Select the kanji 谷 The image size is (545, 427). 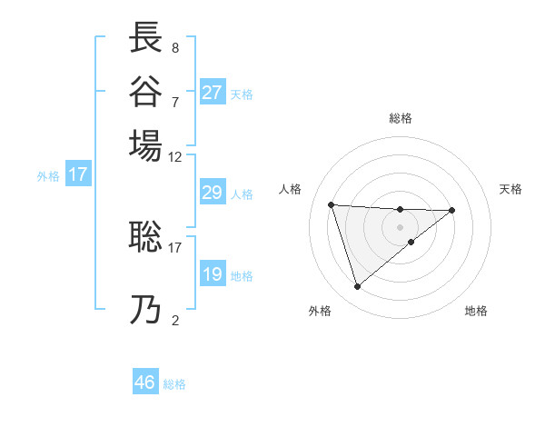click(146, 92)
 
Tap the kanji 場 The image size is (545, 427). click(146, 145)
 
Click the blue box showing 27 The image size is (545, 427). click(213, 93)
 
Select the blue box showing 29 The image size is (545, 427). click(213, 193)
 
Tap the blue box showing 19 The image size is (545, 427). click(213, 274)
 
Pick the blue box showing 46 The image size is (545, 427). click(145, 382)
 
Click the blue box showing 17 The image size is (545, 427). click(78, 174)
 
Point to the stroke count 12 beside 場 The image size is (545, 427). click(175, 156)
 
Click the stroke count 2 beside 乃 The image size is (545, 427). click(175, 320)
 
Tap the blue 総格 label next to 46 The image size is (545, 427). click(175, 384)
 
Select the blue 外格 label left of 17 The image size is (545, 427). click(48, 176)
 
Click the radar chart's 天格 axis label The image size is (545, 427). click(510, 189)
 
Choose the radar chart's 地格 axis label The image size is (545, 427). click(476, 311)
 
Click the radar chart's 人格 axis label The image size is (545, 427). click(291, 189)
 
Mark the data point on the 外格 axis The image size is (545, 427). click(358, 287)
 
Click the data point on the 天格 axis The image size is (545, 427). click(452, 210)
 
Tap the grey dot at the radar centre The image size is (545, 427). click(400, 225)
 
